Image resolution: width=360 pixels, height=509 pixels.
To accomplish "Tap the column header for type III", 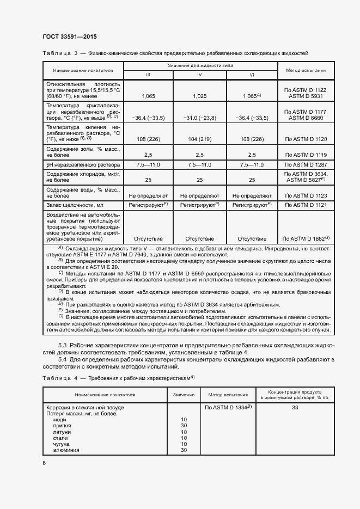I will pos(148,74).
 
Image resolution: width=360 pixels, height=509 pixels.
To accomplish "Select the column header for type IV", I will pos(199,74).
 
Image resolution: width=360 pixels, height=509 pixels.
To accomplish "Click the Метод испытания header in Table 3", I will pos(305,70).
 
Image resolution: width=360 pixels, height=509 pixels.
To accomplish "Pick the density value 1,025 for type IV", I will pos(199,96).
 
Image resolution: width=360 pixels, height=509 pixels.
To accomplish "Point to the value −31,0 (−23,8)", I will pos(199,118).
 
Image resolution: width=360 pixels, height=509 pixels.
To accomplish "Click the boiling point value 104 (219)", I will pos(199,139).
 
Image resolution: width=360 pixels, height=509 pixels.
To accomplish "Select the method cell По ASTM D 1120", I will pos(305,139).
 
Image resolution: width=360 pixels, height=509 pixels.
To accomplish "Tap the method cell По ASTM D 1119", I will pos(305,155).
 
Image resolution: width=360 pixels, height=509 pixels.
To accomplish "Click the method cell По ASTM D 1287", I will pos(305,164).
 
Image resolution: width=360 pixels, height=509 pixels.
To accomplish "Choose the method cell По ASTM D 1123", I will pos(305,195).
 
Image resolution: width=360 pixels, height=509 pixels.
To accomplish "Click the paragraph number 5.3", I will pos(63,346).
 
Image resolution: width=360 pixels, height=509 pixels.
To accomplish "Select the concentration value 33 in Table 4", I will pos(295,407).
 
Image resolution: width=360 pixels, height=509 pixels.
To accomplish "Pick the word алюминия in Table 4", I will pos(66,450).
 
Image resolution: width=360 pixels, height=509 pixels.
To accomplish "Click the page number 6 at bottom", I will pos(44,463).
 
